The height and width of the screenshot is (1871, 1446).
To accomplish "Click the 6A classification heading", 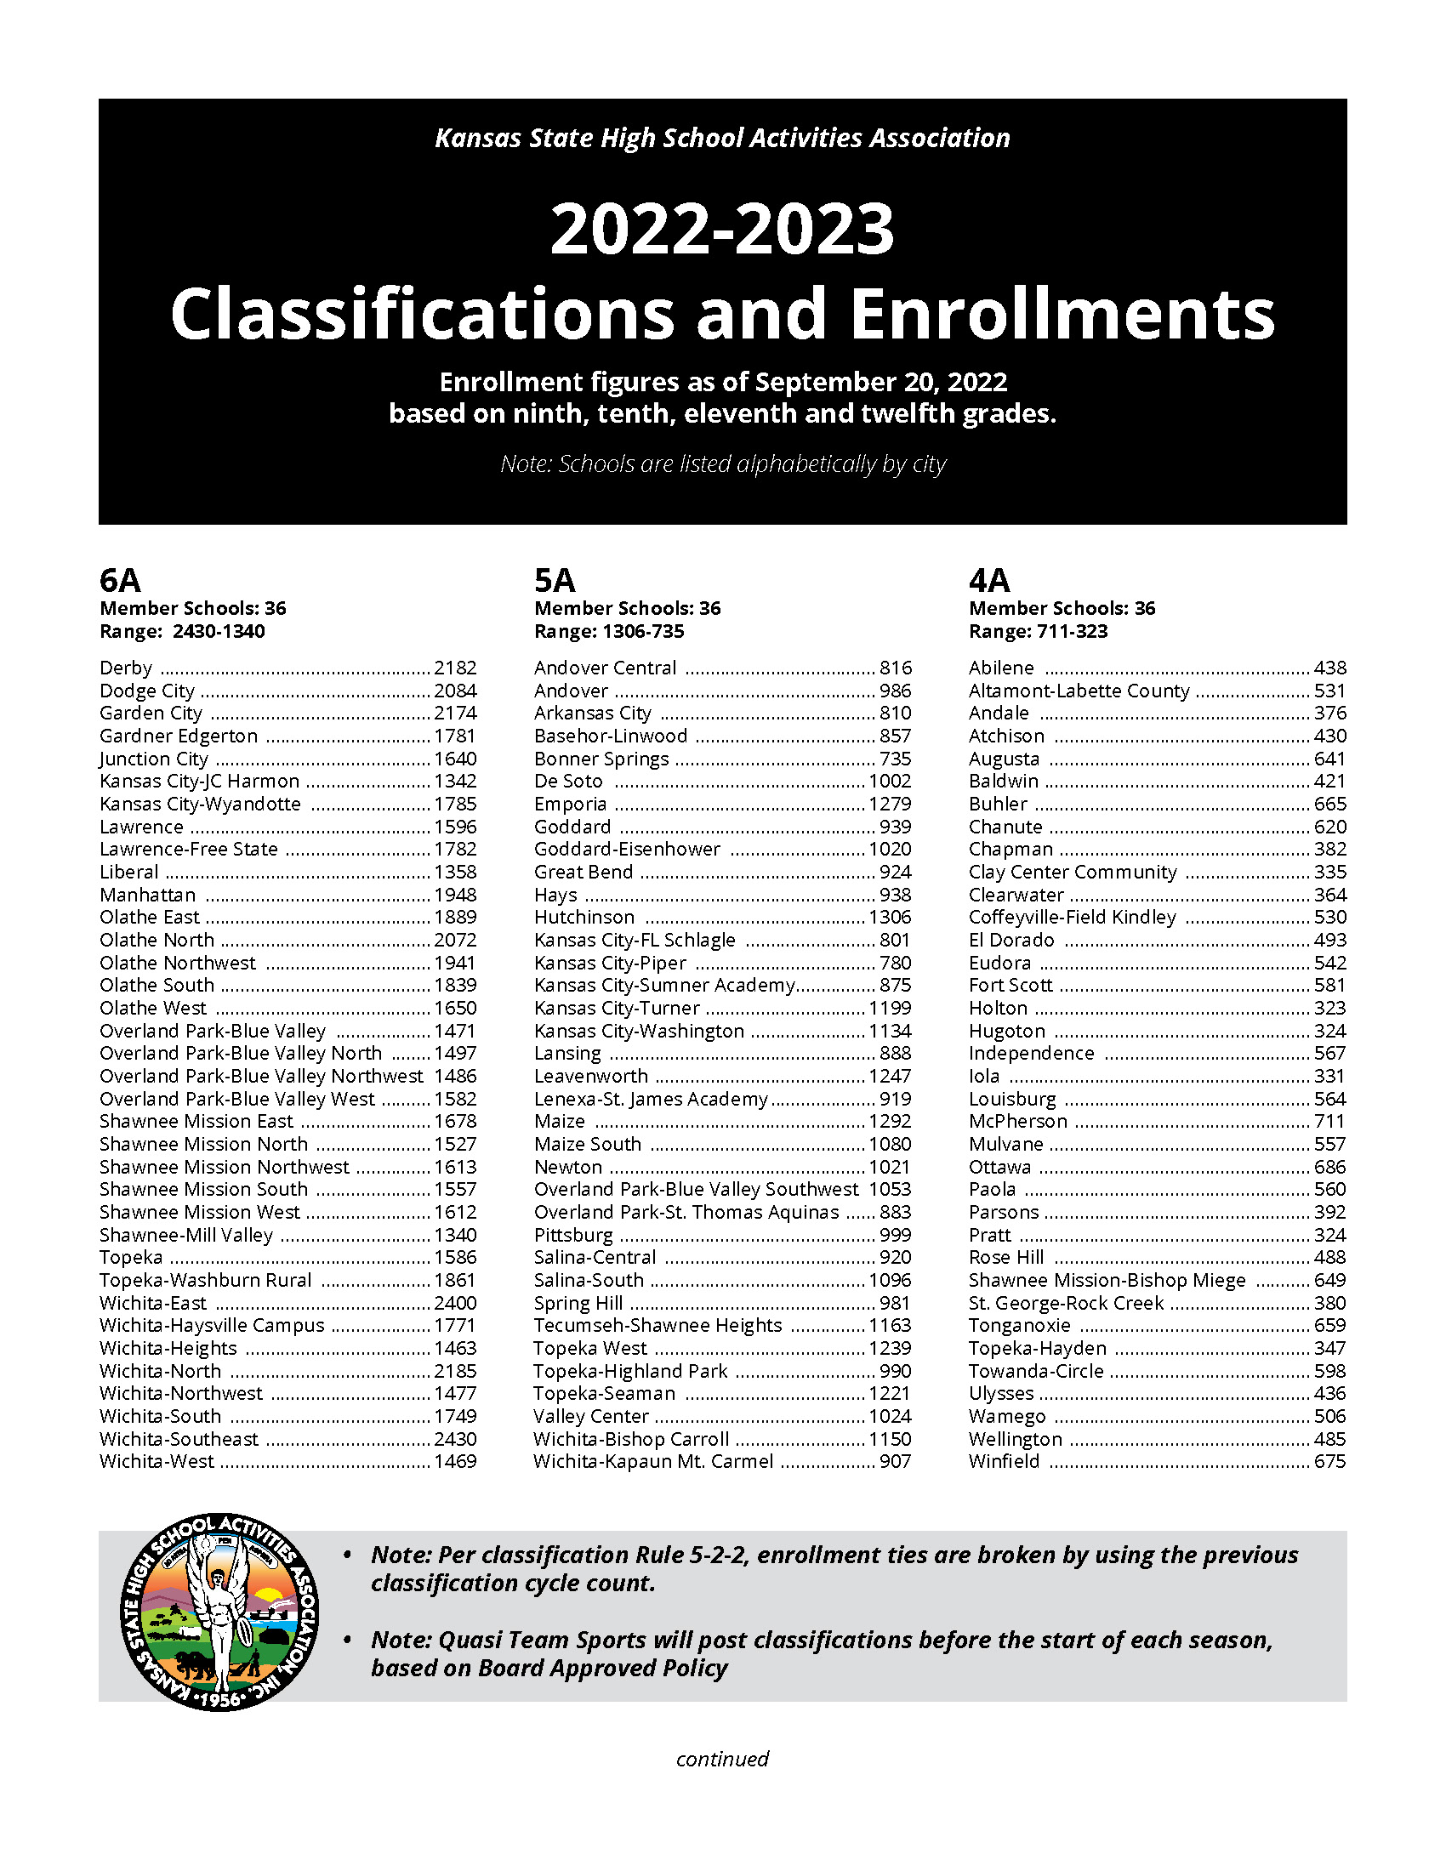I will click(120, 581).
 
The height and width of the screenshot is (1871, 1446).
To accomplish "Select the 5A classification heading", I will click(555, 581).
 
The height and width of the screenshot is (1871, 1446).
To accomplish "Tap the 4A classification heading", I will click(989, 581).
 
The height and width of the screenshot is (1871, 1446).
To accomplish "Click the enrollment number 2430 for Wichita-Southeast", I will click(455, 1439).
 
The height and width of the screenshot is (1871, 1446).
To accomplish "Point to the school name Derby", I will click(126, 668).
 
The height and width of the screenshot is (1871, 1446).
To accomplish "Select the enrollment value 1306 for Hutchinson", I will click(890, 918).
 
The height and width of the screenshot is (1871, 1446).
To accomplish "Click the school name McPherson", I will click(1017, 1122).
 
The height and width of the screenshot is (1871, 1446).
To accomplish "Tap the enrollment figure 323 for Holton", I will click(1329, 1009).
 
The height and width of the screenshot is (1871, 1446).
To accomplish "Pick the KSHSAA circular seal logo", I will click(219, 1613).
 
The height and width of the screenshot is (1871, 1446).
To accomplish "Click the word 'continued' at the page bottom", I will click(722, 1759).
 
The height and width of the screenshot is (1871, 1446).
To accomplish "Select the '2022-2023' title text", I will click(722, 230).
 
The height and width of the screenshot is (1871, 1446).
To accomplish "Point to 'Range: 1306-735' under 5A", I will click(609, 632).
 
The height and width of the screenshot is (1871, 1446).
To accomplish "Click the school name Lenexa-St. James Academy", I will click(651, 1099).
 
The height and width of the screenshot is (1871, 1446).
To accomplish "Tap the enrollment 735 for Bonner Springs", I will click(895, 759).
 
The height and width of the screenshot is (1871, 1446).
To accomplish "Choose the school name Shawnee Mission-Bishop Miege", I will click(1107, 1281).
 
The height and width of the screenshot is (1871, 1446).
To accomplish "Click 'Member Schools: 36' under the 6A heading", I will click(193, 609).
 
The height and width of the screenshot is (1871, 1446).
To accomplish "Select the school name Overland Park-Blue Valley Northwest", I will click(261, 1077).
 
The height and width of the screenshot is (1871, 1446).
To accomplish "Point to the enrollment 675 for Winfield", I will click(1329, 1461).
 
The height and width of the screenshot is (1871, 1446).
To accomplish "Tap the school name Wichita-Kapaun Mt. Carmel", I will click(652, 1461).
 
